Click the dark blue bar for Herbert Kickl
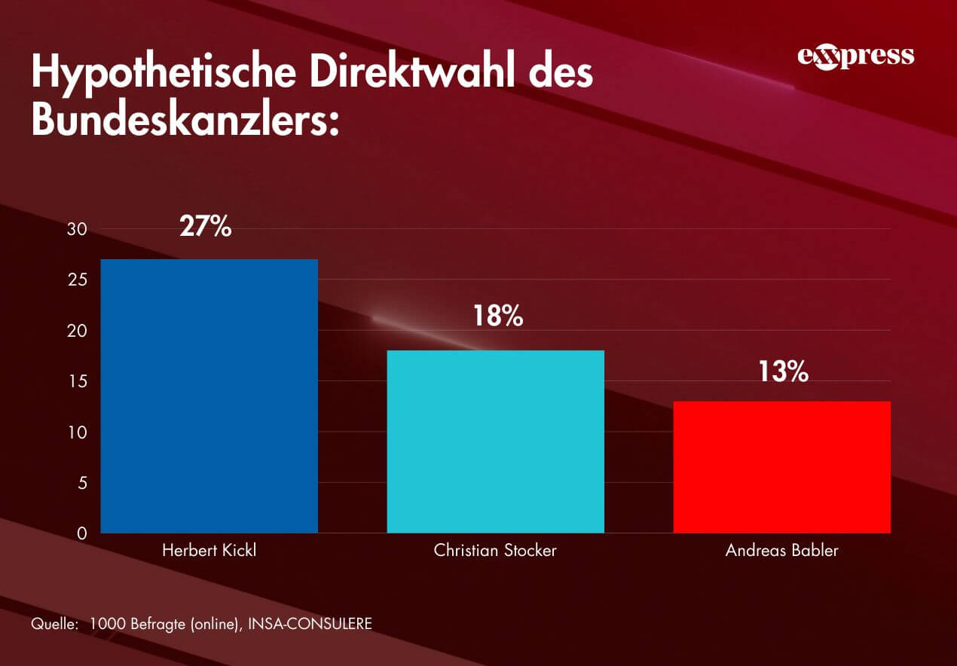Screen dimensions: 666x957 click(209, 396)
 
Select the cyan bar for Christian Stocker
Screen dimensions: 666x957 click(495, 441)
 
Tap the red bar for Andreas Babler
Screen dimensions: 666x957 click(781, 467)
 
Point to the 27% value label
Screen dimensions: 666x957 click(206, 226)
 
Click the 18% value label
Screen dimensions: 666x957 click(497, 316)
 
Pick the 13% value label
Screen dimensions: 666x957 click(783, 371)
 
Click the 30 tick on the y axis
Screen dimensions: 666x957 click(78, 229)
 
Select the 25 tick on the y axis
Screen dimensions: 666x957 click(78, 280)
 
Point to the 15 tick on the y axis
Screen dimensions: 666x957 click(78, 382)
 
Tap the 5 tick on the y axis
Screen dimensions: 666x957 click(81, 483)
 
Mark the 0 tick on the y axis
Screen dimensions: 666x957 click(81, 533)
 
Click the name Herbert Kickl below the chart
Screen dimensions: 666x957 click(209, 551)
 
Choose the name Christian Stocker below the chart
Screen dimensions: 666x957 click(495, 551)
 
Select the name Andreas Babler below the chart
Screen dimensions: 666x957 click(781, 551)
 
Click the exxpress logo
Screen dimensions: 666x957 click(855, 57)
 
